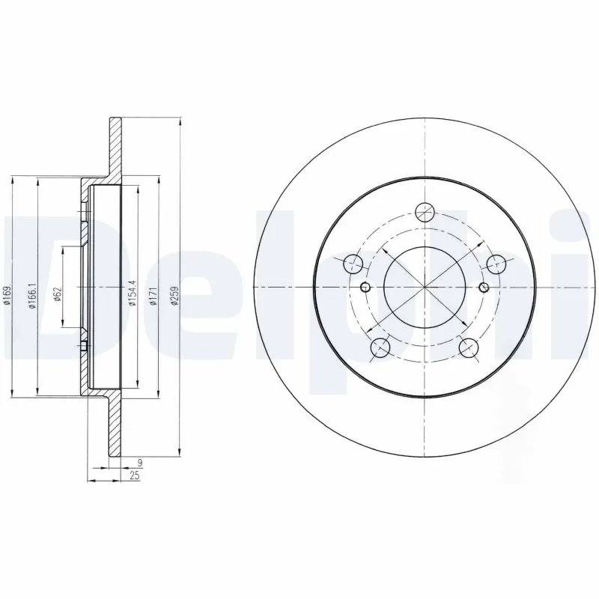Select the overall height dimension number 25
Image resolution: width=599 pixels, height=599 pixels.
[x=135, y=476]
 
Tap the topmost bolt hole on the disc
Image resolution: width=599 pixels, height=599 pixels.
[x=425, y=213]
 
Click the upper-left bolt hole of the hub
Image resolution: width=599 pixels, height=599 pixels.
[x=353, y=264]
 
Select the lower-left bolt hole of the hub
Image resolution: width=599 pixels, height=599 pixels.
[x=380, y=347]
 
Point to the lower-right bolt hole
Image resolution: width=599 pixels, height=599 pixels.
[x=469, y=347]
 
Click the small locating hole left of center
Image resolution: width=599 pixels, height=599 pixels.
[x=366, y=288]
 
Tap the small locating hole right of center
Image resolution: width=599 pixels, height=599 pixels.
[x=483, y=288]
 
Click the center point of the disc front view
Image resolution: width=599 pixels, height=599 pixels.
[x=425, y=288]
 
